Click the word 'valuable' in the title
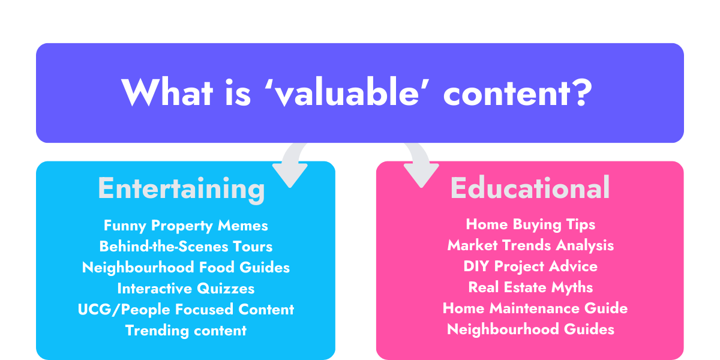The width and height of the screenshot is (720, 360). click(348, 92)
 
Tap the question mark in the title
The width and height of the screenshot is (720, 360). click(581, 92)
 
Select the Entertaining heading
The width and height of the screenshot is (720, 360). click(182, 190)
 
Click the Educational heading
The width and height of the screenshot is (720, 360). click(530, 188)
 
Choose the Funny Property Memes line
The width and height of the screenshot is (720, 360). click(186, 226)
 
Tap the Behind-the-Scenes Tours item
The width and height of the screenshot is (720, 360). click(186, 247)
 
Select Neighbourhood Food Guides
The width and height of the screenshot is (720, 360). click(186, 268)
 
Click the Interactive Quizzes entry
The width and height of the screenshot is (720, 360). click(186, 289)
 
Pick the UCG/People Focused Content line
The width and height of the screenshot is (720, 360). click(186, 310)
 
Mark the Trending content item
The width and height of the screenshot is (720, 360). click(186, 331)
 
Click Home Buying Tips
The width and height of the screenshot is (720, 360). click(530, 224)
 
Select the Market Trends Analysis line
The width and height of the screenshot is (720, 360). click(530, 245)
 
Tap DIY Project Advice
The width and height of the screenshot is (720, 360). click(530, 266)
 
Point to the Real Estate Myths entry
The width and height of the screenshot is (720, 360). click(530, 287)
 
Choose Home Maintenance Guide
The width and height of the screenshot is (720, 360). click(535, 308)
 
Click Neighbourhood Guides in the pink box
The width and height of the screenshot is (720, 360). click(530, 329)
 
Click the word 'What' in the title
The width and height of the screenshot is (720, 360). click(167, 92)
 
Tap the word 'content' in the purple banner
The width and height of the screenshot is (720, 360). click(506, 93)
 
